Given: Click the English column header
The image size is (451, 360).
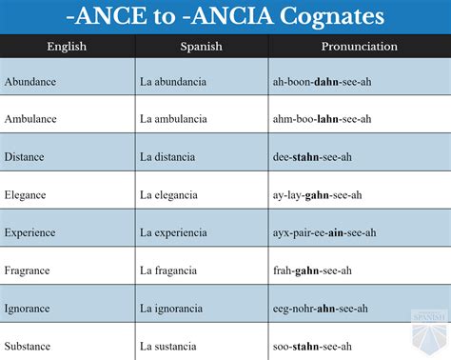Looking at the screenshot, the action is (67, 47).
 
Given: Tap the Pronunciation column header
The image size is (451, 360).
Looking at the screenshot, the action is (360, 47).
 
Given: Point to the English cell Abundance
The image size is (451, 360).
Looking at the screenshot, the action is (30, 82).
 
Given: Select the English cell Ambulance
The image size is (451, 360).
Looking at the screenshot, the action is (31, 119).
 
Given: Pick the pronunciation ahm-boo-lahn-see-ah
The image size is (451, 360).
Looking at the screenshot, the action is (321, 119).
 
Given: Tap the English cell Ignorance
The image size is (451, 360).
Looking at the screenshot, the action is (29, 308).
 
